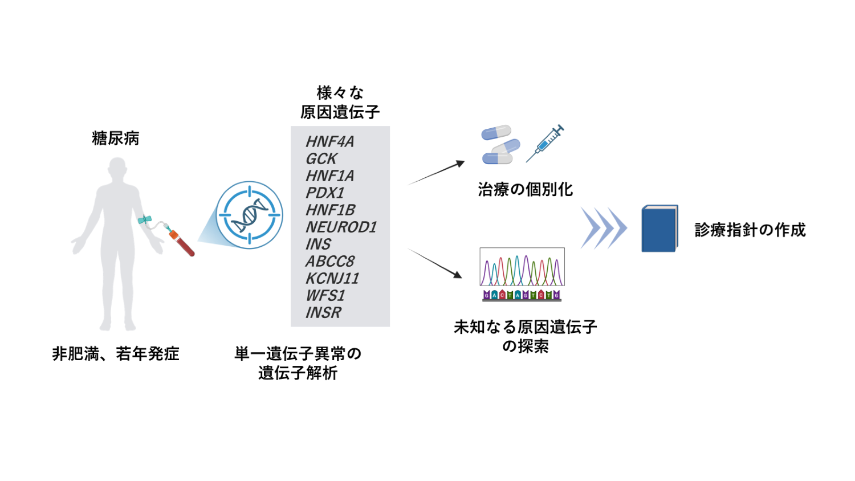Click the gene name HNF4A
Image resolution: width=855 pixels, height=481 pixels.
[x=329, y=141]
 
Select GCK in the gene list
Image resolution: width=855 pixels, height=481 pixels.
[x=321, y=158]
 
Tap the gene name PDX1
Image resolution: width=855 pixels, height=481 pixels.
[x=325, y=193]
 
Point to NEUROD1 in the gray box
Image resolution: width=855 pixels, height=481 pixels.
[x=341, y=227]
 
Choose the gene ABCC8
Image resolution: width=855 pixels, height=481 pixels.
[x=330, y=261]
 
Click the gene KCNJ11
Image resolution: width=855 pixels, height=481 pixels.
[x=332, y=278]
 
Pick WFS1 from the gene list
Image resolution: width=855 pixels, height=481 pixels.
[x=325, y=295]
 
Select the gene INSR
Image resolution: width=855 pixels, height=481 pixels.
[x=323, y=312]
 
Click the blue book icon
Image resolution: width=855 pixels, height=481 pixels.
[x=659, y=229]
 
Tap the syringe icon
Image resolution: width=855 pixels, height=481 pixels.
[x=545, y=143]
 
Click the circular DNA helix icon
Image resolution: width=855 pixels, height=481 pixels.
[x=249, y=215]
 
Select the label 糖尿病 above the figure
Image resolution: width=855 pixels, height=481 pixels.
[x=116, y=138]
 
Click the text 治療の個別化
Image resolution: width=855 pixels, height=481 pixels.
[x=525, y=189]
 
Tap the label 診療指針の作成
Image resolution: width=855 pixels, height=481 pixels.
[x=750, y=230]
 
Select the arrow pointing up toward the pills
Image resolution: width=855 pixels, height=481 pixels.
[x=437, y=173]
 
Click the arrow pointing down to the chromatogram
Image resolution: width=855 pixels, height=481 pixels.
[x=435, y=263]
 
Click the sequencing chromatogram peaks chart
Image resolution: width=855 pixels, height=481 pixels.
[x=522, y=267]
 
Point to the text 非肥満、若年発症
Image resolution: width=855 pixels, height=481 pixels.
[x=116, y=354]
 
